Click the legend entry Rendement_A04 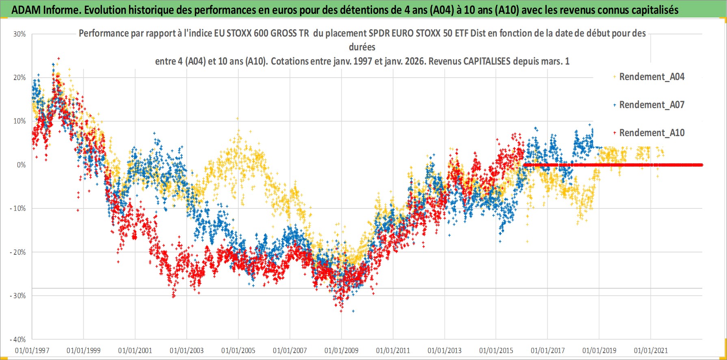coord(651,77)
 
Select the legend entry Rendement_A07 coord(651,105)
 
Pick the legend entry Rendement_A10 coord(651,133)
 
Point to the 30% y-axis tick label coord(19,34)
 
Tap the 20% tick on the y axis coord(19,78)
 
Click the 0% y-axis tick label coord(21,165)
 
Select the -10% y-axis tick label coord(18,208)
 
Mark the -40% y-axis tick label coord(18,339)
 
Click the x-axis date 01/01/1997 coord(32,350)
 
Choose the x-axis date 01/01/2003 coord(187,350)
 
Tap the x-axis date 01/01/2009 coord(342,350)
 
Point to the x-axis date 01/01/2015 coord(496,350)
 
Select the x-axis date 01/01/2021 coord(651,350)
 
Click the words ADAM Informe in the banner coord(45,10)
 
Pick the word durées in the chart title coord(362,47)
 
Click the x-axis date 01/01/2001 coord(135,350)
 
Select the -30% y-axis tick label coord(18,296)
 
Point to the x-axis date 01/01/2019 coord(599,350)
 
